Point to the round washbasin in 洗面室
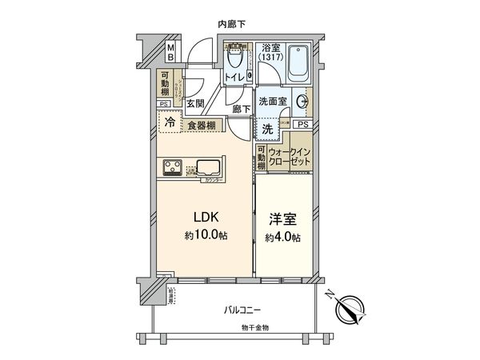point(303,102)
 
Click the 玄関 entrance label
point(195,103)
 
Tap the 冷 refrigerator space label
point(170,123)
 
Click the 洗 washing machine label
point(266,127)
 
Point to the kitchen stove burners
point(173,167)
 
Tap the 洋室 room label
point(279,218)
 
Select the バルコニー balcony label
point(242,310)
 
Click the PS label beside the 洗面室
point(302,126)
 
